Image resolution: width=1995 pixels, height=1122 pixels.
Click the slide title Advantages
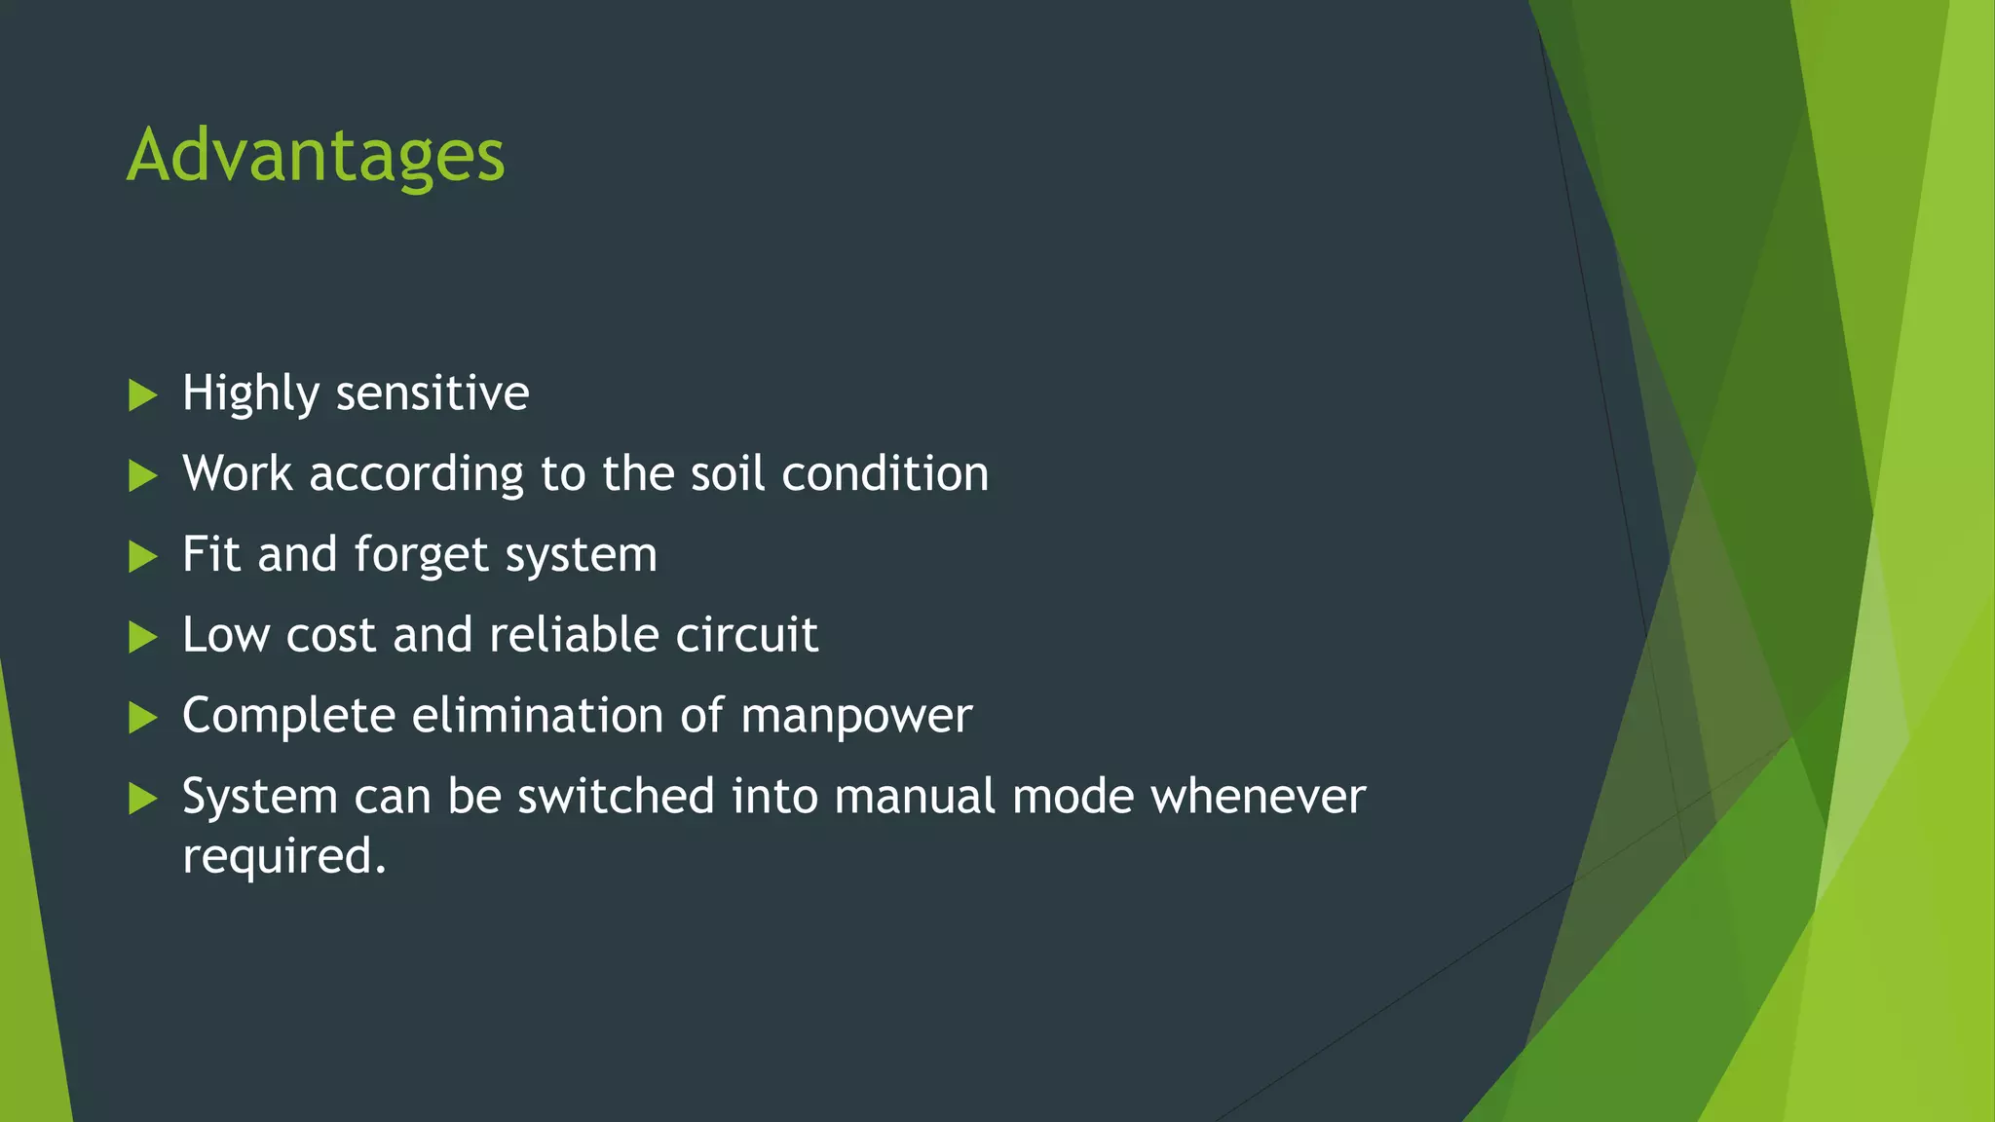coord(316,156)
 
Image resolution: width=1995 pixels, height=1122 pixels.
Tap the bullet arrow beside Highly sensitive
coord(142,395)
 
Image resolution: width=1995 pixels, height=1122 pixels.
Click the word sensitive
coord(432,393)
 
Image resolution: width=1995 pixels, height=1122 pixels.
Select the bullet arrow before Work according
coord(142,476)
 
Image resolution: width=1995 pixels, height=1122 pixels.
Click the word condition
coord(885,474)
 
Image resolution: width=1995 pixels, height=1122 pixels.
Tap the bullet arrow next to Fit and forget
coord(142,557)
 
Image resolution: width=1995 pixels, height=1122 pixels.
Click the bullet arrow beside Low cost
coord(142,638)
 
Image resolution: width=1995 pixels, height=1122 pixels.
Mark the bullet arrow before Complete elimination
coord(142,719)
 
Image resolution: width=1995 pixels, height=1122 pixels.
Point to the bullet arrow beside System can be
coord(142,800)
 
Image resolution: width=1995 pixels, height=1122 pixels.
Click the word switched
coord(616,797)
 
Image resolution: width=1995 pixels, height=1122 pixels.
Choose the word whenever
coord(1258,797)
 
